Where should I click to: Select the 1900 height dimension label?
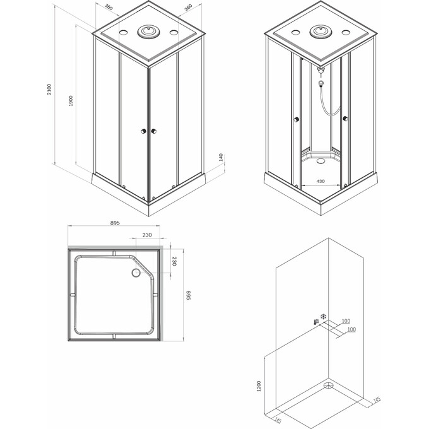(x=71, y=101)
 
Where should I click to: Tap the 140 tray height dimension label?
(x=221, y=157)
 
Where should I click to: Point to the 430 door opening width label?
(x=320, y=182)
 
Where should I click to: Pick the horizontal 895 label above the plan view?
(x=115, y=223)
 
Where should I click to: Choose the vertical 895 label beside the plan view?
(x=187, y=295)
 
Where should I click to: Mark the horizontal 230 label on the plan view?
(x=146, y=235)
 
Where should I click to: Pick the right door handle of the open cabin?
(x=345, y=118)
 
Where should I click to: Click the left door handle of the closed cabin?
(x=144, y=131)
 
